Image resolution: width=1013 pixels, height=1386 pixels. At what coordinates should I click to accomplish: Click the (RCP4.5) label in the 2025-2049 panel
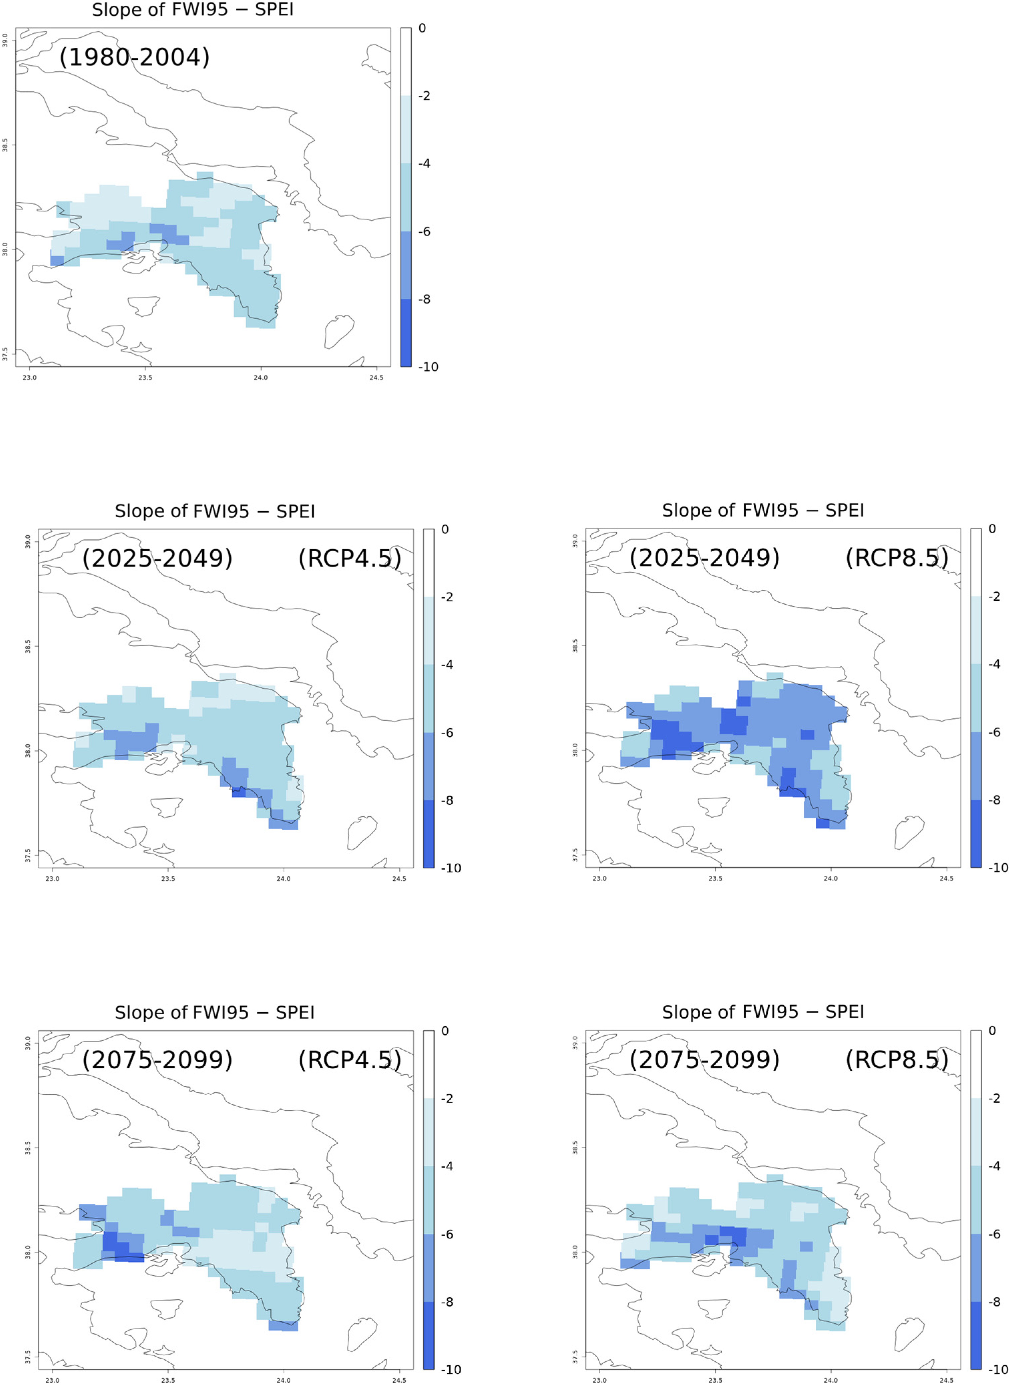pyautogui.click(x=349, y=558)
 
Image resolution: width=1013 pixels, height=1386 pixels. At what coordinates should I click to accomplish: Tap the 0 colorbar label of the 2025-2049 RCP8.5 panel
pyautogui.click(x=992, y=529)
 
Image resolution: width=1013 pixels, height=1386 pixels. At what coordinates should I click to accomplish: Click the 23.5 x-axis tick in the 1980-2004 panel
pyautogui.click(x=145, y=377)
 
